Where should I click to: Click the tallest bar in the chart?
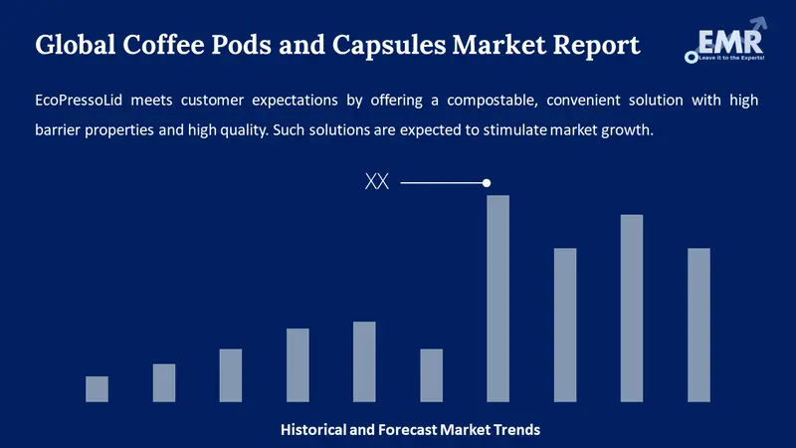497,299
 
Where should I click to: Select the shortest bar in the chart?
97,388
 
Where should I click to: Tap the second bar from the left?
164,382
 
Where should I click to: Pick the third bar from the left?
231,375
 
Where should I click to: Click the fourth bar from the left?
298,364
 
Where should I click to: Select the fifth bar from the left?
364,361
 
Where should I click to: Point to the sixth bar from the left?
431,375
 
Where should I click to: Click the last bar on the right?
698,325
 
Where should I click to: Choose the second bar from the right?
632,308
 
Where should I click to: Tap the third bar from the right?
565,325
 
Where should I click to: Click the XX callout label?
377,183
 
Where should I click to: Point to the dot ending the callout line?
487,183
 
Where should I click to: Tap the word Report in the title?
596,46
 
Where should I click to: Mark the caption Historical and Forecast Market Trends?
410,430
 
